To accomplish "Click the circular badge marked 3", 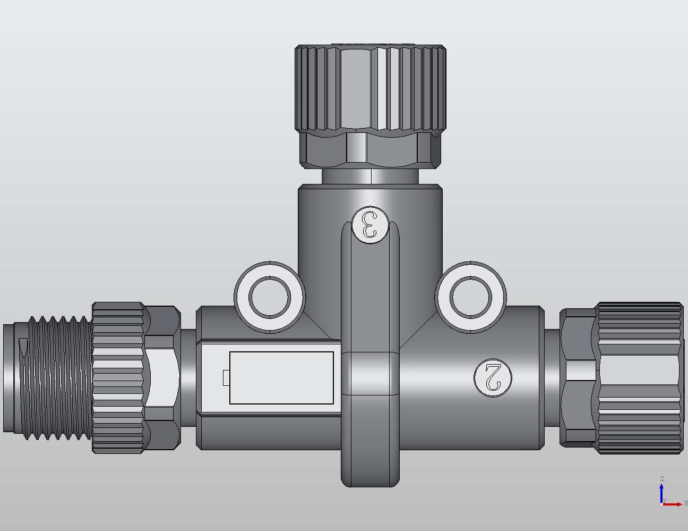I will click(370, 224).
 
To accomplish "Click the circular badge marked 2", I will click(493, 377).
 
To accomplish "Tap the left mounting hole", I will click(270, 297).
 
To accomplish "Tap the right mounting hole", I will click(470, 297).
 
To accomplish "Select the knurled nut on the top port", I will click(370, 88).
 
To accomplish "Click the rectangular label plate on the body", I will click(281, 377).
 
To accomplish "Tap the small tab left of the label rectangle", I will click(226, 377).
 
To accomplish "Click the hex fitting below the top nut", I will click(370, 150).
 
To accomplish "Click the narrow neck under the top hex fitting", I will click(370, 176).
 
